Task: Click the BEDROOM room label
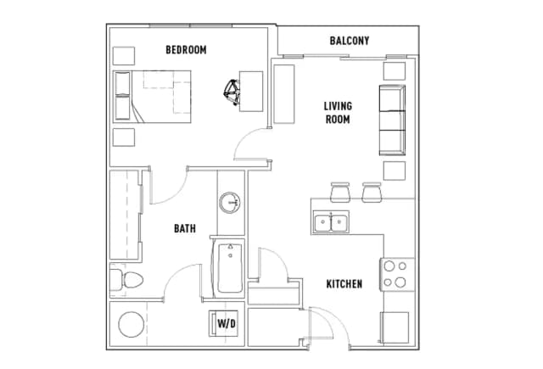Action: click(186, 50)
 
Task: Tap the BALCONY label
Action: click(350, 41)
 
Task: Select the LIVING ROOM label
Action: click(338, 113)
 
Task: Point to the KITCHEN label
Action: click(344, 284)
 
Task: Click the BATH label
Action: click(185, 228)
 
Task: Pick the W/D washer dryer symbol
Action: click(224, 323)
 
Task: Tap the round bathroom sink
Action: click(229, 202)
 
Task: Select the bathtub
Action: click(230, 268)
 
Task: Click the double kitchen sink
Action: click(331, 221)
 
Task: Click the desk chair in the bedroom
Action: click(232, 92)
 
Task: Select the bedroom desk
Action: click(251, 92)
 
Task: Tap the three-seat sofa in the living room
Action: click(392, 120)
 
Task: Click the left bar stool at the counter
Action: click(340, 192)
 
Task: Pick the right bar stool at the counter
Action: click(372, 192)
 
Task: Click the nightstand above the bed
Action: click(124, 56)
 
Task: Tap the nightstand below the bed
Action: click(124, 137)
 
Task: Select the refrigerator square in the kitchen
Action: click(395, 327)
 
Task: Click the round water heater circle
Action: click(132, 324)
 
